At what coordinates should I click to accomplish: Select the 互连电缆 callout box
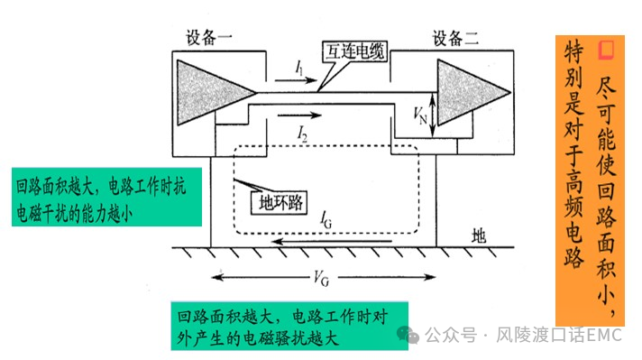coord(353,53)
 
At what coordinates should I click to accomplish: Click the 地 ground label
coord(479,235)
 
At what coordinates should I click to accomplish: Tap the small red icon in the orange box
coord(607,46)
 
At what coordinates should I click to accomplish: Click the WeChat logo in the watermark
coord(411,334)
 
